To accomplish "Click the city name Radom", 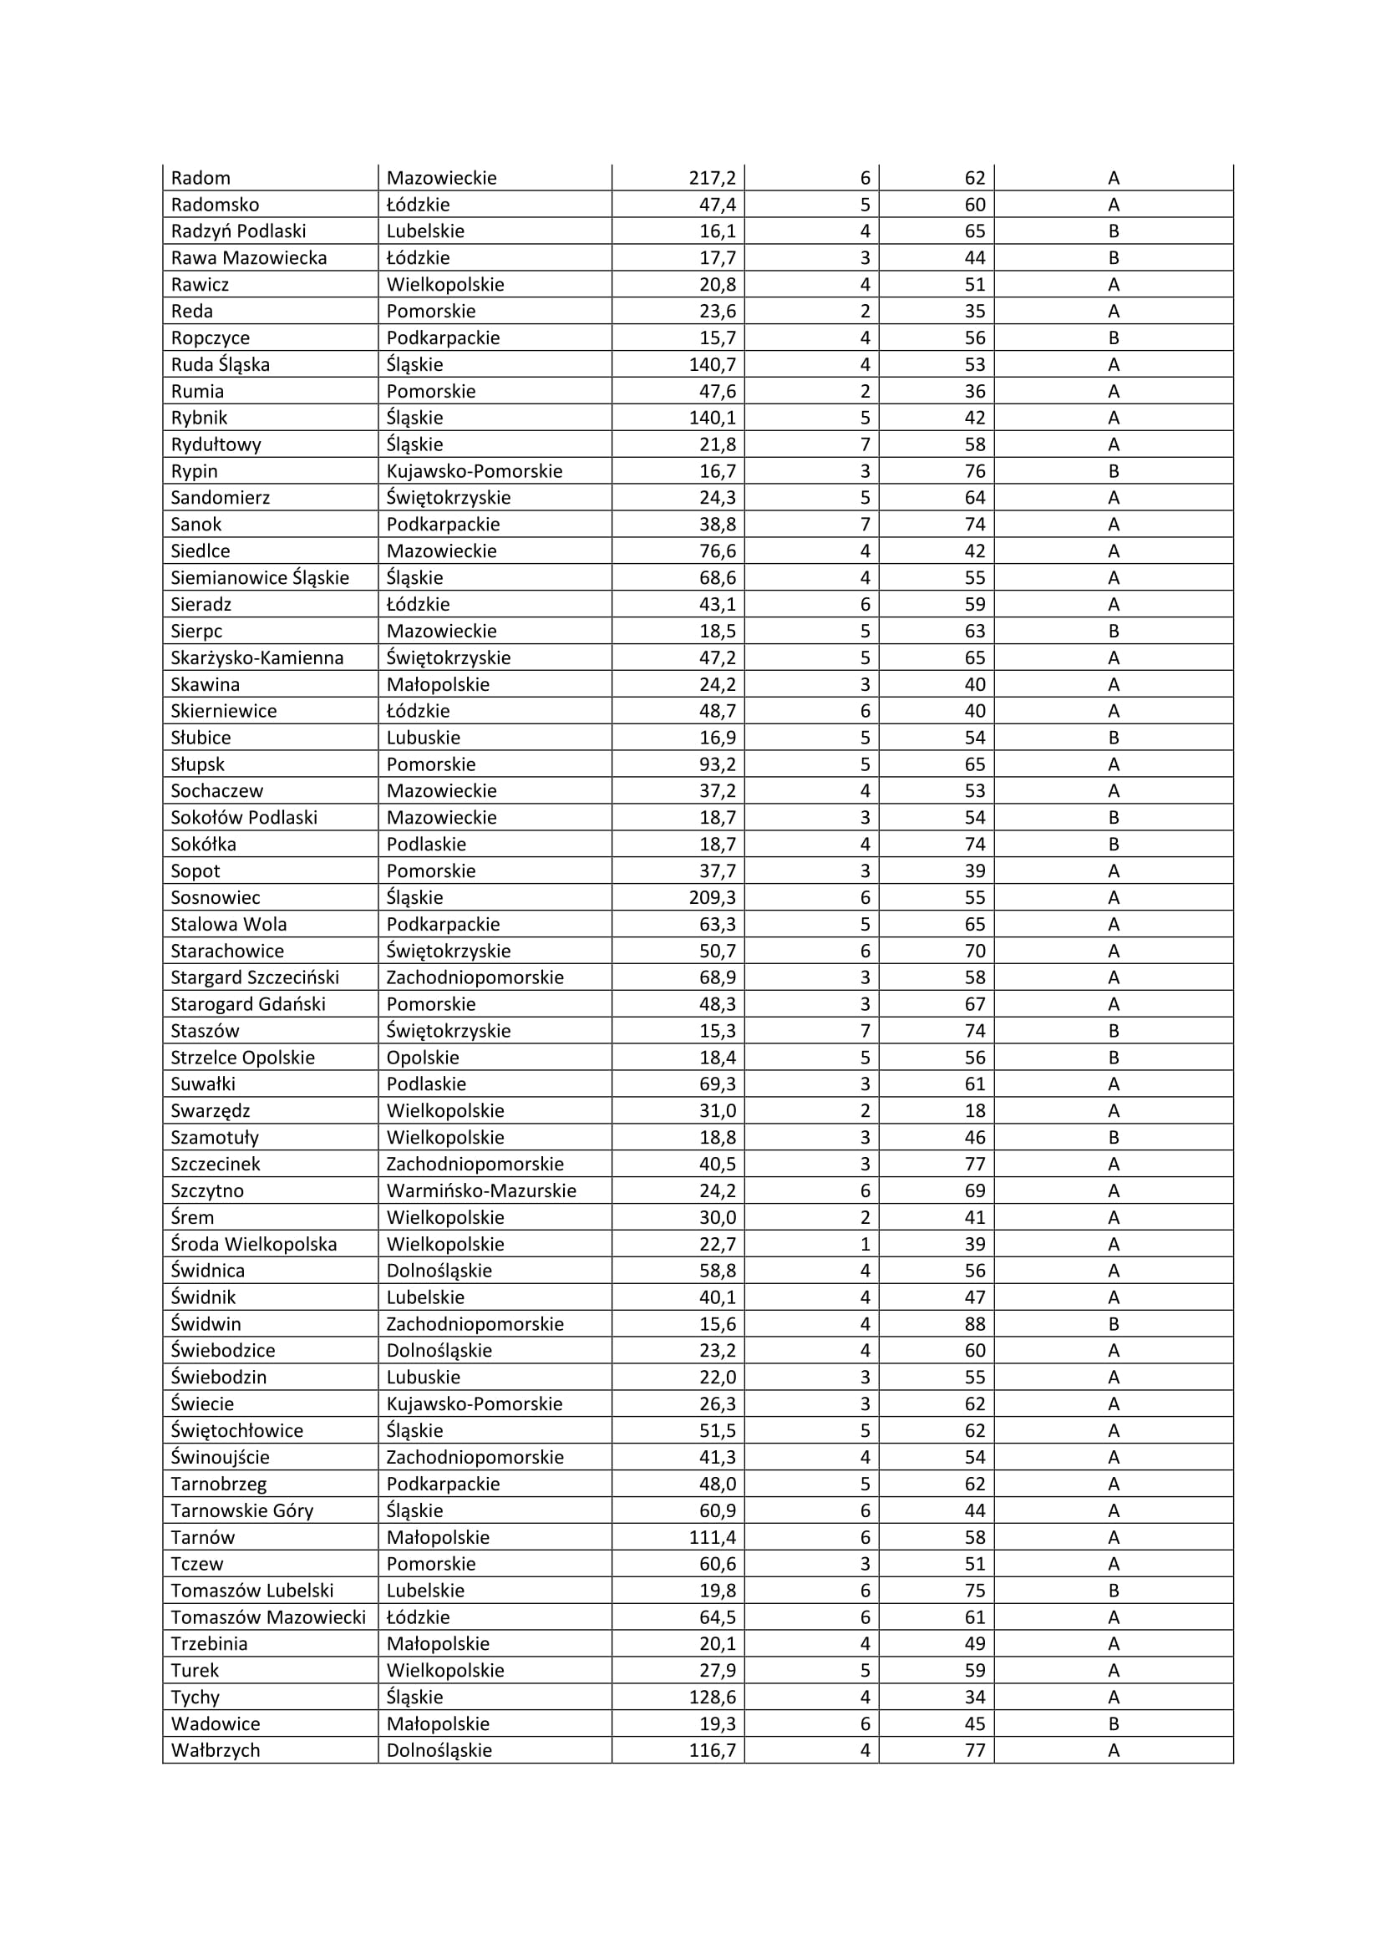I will tap(201, 178).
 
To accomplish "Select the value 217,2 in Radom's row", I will tap(712, 178).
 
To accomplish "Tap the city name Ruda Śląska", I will tap(221, 364).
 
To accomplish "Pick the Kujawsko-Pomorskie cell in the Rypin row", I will tap(474, 470).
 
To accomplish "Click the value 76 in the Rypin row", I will tap(974, 470).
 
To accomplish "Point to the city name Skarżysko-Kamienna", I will tap(257, 657).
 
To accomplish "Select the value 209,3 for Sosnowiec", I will tap(712, 897).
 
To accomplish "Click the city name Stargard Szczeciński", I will tap(255, 977).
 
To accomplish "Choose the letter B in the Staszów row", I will tap(1113, 1031).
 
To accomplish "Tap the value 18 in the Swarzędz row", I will tap(974, 1110).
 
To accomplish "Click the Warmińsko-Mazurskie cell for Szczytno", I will tap(480, 1190).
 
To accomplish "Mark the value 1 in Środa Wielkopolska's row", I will tap(865, 1244).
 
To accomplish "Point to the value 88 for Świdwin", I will tap(974, 1323).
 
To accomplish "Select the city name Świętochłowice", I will tap(236, 1430).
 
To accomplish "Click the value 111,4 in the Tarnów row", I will tap(712, 1537).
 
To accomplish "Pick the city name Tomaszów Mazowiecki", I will tap(268, 1617).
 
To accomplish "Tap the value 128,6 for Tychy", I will tap(712, 1697).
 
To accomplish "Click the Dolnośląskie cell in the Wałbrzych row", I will tap(439, 1751).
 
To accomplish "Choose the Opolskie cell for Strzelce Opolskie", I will tap(422, 1057).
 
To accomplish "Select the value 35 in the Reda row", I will tap(974, 311).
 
